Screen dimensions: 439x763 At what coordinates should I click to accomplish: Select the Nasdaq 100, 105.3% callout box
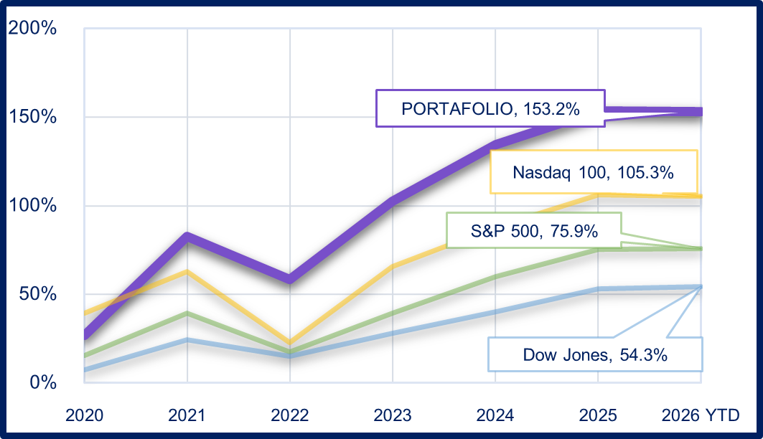click(x=594, y=172)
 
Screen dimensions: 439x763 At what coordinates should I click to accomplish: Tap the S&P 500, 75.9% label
click(x=533, y=231)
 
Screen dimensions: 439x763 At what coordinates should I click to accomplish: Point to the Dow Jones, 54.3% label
click(x=595, y=354)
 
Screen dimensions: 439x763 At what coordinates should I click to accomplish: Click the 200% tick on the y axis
click(x=32, y=29)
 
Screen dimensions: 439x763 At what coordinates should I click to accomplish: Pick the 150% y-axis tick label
click(x=32, y=117)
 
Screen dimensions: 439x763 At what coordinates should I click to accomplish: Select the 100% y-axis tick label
click(x=32, y=205)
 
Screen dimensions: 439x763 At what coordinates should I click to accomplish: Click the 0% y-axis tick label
click(x=42, y=382)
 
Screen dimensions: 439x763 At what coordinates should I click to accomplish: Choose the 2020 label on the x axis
click(x=84, y=415)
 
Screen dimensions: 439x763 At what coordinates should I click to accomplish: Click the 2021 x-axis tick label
click(x=187, y=415)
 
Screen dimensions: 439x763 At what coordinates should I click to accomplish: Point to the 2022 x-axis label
click(x=290, y=415)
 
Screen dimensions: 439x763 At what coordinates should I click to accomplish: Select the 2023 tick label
click(x=393, y=415)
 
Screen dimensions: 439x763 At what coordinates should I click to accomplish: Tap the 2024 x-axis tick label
click(x=495, y=415)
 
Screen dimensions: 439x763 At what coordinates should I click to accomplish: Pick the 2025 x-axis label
click(x=598, y=415)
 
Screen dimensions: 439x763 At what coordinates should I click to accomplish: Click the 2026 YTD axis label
click(x=701, y=415)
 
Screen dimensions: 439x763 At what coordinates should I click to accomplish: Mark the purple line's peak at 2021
click(x=187, y=237)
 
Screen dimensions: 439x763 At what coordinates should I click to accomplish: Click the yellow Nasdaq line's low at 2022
click(x=290, y=343)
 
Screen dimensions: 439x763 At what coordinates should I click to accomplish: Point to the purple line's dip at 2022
click(x=290, y=278)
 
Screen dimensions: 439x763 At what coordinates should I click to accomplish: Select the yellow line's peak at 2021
click(x=187, y=271)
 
